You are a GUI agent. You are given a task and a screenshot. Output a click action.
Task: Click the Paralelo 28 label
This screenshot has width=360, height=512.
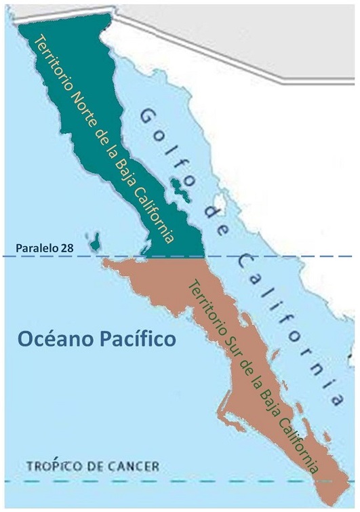37,248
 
